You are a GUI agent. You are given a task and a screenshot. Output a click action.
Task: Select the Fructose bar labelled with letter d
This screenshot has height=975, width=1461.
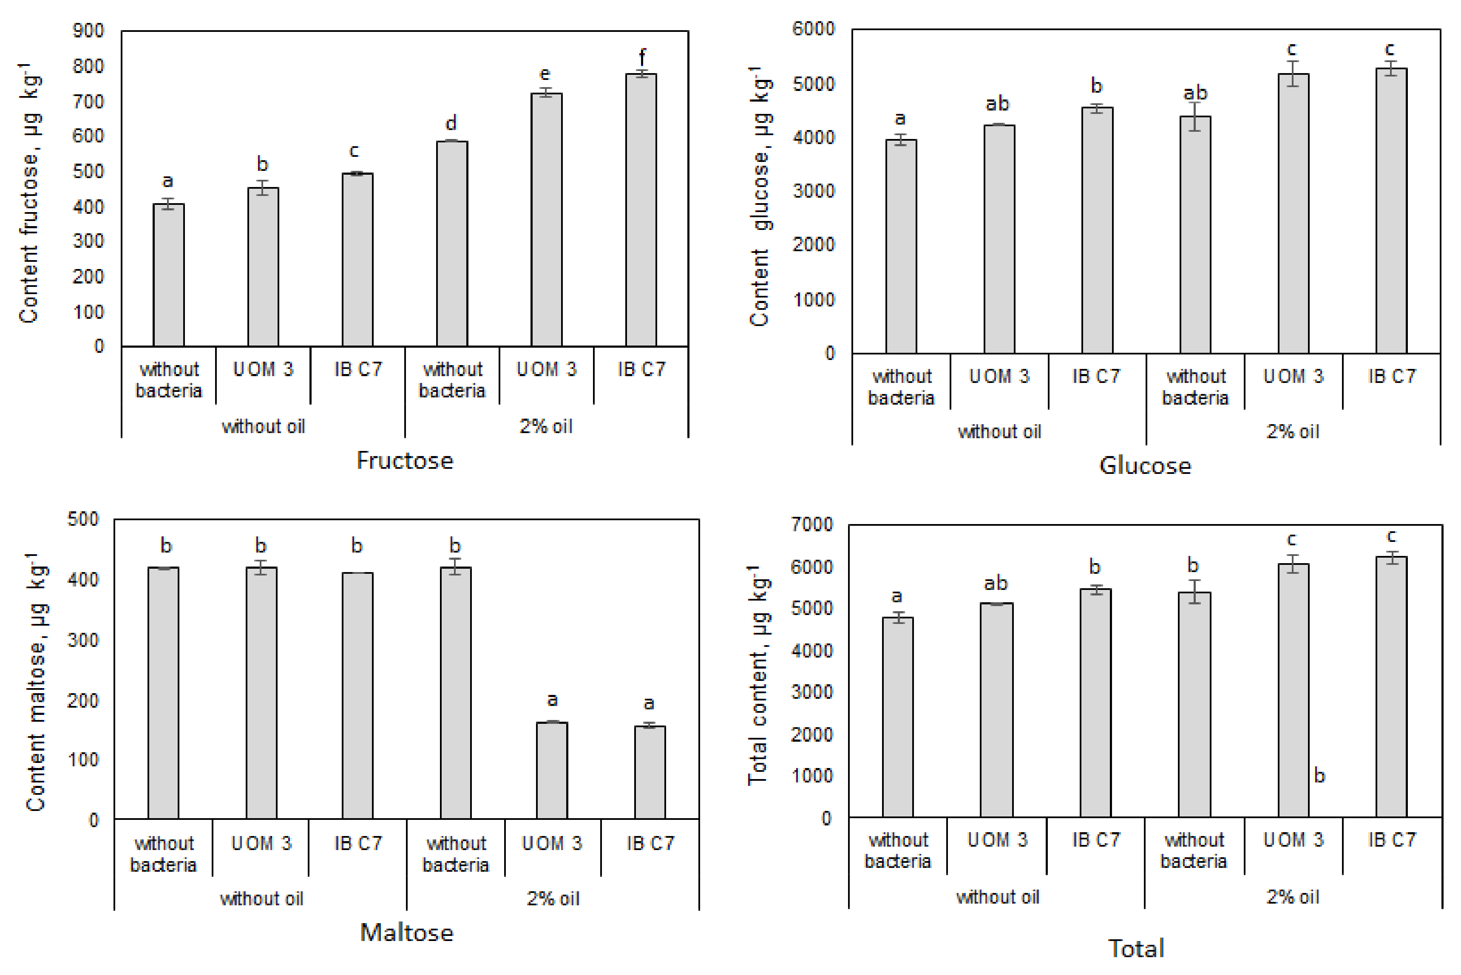pos(452,243)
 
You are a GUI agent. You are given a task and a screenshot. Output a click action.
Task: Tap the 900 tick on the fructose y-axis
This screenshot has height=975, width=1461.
pos(88,31)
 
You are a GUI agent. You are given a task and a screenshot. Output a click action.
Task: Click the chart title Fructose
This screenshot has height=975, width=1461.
pos(405,461)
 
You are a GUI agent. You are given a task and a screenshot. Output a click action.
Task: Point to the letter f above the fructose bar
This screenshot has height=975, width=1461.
pos(642,57)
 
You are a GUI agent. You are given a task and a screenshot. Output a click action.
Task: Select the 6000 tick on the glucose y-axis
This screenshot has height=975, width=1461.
pos(813,28)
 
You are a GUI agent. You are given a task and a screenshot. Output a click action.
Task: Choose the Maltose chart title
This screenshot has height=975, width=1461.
pos(407,933)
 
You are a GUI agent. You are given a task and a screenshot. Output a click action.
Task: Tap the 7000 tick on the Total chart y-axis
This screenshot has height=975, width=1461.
pos(812,524)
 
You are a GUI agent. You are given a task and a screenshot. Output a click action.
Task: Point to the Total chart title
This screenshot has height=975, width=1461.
pos(1136,948)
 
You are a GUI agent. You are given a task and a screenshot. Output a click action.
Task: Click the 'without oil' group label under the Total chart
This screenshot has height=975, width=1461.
pos(997,897)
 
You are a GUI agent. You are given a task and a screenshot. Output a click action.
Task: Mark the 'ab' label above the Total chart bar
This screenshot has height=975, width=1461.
pos(996,583)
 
